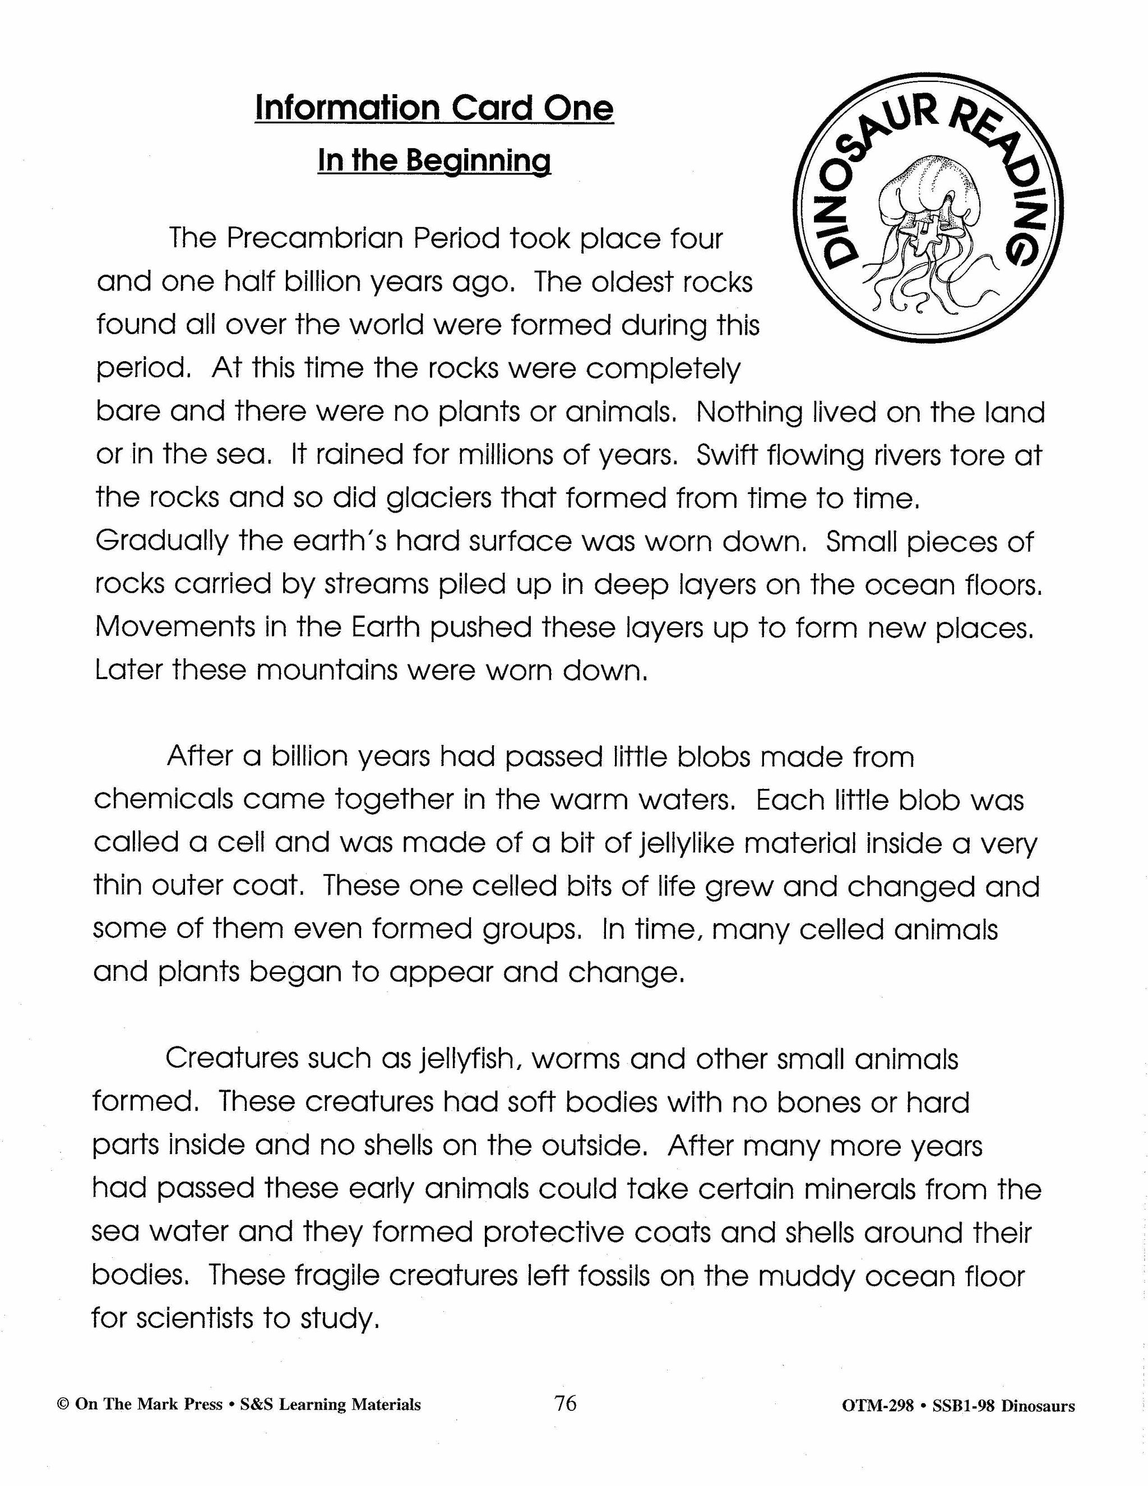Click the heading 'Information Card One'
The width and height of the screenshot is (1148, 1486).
pyautogui.click(x=434, y=108)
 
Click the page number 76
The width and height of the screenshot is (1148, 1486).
pyautogui.click(x=565, y=1403)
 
